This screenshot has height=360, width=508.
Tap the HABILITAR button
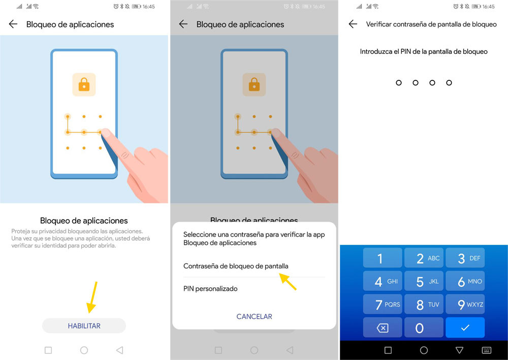click(x=84, y=326)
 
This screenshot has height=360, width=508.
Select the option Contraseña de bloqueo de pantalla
click(x=236, y=266)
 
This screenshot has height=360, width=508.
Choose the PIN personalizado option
click(x=210, y=289)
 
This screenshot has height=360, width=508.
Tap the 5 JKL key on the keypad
click(x=424, y=281)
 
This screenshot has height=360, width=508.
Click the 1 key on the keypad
click(x=382, y=258)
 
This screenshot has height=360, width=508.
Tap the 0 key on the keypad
click(x=424, y=328)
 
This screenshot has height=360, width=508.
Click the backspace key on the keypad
click(x=382, y=328)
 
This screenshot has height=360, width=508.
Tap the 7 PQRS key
click(x=382, y=305)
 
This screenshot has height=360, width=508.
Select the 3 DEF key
click(x=465, y=258)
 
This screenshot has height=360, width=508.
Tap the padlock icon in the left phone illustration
click(x=84, y=84)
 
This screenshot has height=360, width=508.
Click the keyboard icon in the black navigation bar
click(x=486, y=350)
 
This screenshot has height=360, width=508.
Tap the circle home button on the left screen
click(x=84, y=350)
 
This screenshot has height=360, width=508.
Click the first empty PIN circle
click(x=399, y=82)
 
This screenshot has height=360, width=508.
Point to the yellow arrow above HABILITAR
click(x=92, y=297)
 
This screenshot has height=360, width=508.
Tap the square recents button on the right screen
click(x=388, y=350)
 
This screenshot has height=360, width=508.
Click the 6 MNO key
click(x=465, y=281)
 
